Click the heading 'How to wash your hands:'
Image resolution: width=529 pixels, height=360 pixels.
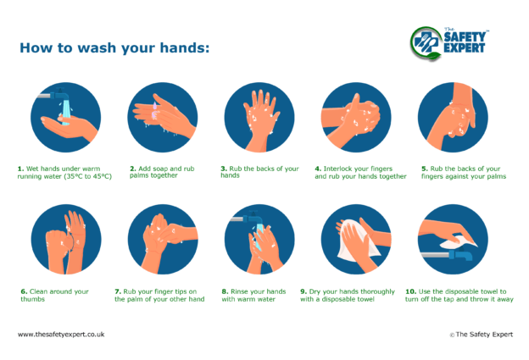tap(114, 47)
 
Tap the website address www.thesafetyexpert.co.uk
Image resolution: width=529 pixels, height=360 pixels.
tap(61, 335)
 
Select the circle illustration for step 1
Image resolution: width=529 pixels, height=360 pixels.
tap(65, 117)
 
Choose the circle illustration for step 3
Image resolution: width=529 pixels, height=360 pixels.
tap(259, 117)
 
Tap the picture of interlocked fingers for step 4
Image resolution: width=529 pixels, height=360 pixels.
tap(355, 117)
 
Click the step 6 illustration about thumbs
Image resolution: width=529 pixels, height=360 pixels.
tap(65, 240)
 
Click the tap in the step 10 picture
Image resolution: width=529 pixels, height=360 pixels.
tap(458, 252)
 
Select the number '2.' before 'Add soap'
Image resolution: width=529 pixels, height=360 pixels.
tap(133, 169)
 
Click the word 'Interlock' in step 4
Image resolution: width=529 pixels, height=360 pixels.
tap(339, 169)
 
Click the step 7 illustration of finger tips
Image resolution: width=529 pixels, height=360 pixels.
tap(162, 240)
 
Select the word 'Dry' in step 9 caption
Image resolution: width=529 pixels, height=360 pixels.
tap(315, 291)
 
